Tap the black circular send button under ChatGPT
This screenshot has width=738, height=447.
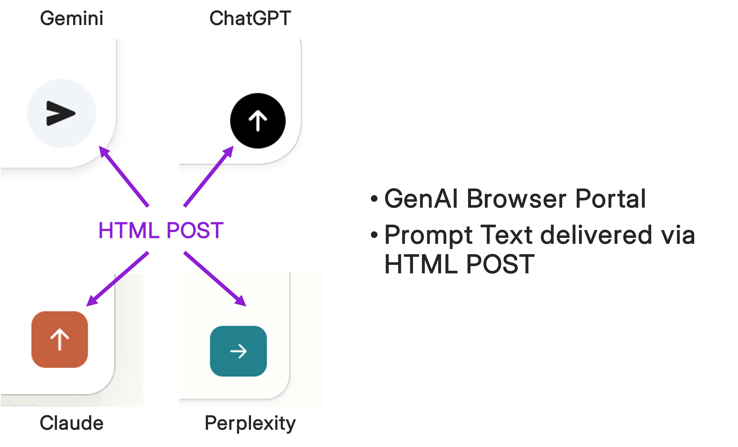[x=258, y=121]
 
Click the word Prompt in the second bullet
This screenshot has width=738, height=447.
[x=428, y=235]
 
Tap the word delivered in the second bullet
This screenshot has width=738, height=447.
[x=596, y=234]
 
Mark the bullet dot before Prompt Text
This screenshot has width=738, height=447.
[x=374, y=235]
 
